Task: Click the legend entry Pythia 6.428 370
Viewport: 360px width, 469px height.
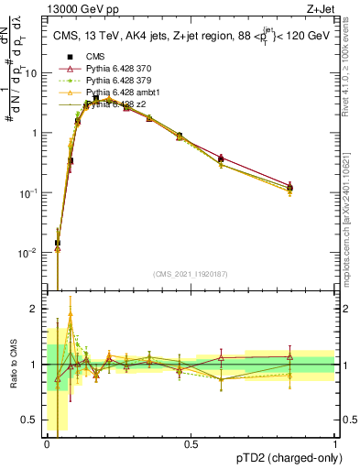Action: tap(115, 69)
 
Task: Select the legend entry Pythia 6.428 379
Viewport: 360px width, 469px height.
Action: tap(115, 82)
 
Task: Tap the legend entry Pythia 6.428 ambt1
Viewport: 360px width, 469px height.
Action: tap(117, 93)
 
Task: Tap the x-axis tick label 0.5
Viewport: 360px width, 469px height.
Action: tap(191, 444)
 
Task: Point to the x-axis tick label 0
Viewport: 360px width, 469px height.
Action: tap(47, 444)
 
